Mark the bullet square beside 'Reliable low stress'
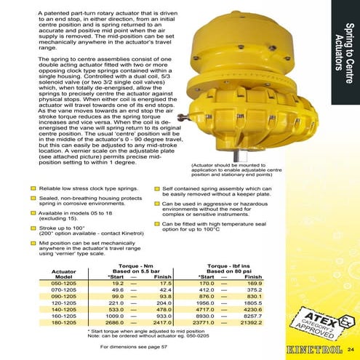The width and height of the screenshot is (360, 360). pyautogui.click(x=33, y=188)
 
